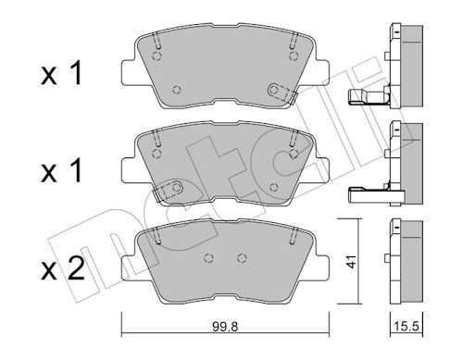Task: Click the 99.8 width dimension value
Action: coord(225,327)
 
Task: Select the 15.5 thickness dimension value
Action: coord(407,326)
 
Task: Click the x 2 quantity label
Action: coord(63,269)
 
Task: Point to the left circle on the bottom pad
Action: coord(209,258)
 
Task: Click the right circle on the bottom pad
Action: coord(242,258)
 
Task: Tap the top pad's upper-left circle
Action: coord(157,56)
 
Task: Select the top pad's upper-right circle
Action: coord(294,56)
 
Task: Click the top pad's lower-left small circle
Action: coord(177,90)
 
